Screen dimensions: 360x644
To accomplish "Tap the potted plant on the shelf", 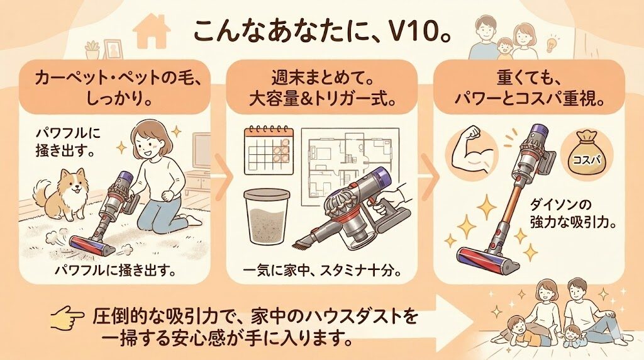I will (92, 49).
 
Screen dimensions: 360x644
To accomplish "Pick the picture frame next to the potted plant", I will (113, 48).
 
